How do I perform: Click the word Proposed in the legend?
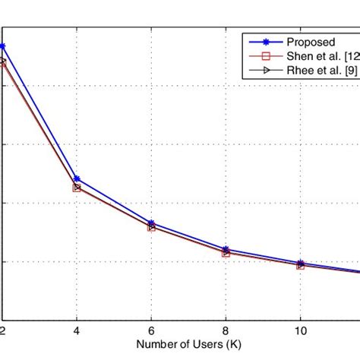pos(311,42)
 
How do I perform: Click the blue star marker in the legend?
pos(264,42)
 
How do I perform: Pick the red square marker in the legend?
pos(264,56)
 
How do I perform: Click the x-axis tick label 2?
pos(3,332)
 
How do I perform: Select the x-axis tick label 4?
pos(77,332)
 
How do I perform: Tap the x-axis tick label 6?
pos(151,332)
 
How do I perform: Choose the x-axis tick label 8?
pos(226,332)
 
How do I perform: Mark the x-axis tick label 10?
pos(300,332)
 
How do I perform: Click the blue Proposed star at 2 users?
pos(3,46)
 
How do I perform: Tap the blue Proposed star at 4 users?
pos(77,179)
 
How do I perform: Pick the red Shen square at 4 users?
pos(77,188)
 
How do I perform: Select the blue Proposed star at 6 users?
pos(151,223)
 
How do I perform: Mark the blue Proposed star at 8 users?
pos(226,249)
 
